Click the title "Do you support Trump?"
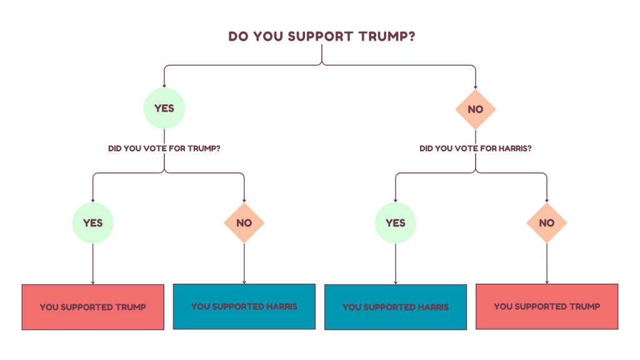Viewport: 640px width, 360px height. pyautogui.click(x=322, y=36)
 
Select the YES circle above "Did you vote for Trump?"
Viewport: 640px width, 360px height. pyautogui.click(x=164, y=109)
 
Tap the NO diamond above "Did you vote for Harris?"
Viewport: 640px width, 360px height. pyautogui.click(x=476, y=109)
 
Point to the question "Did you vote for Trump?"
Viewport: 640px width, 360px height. pyautogui.click(x=164, y=149)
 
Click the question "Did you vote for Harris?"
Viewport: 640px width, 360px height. pyautogui.click(x=476, y=149)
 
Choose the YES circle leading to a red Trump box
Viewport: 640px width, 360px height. pyautogui.click(x=93, y=222)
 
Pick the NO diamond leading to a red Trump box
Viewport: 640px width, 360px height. pyautogui.click(x=547, y=222)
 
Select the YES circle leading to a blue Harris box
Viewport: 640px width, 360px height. pyautogui.click(x=396, y=222)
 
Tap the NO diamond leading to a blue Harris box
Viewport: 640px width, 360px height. pyautogui.click(x=244, y=222)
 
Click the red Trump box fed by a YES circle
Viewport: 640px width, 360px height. pyautogui.click(x=93, y=307)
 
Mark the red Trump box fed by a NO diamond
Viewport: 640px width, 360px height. pyautogui.click(x=547, y=306)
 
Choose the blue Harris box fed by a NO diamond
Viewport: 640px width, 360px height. pyautogui.click(x=244, y=306)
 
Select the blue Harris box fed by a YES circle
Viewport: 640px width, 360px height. pyautogui.click(x=396, y=307)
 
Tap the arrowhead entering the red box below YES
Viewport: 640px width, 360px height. pyautogui.click(x=93, y=282)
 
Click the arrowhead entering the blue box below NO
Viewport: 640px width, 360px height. pyautogui.click(x=244, y=281)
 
